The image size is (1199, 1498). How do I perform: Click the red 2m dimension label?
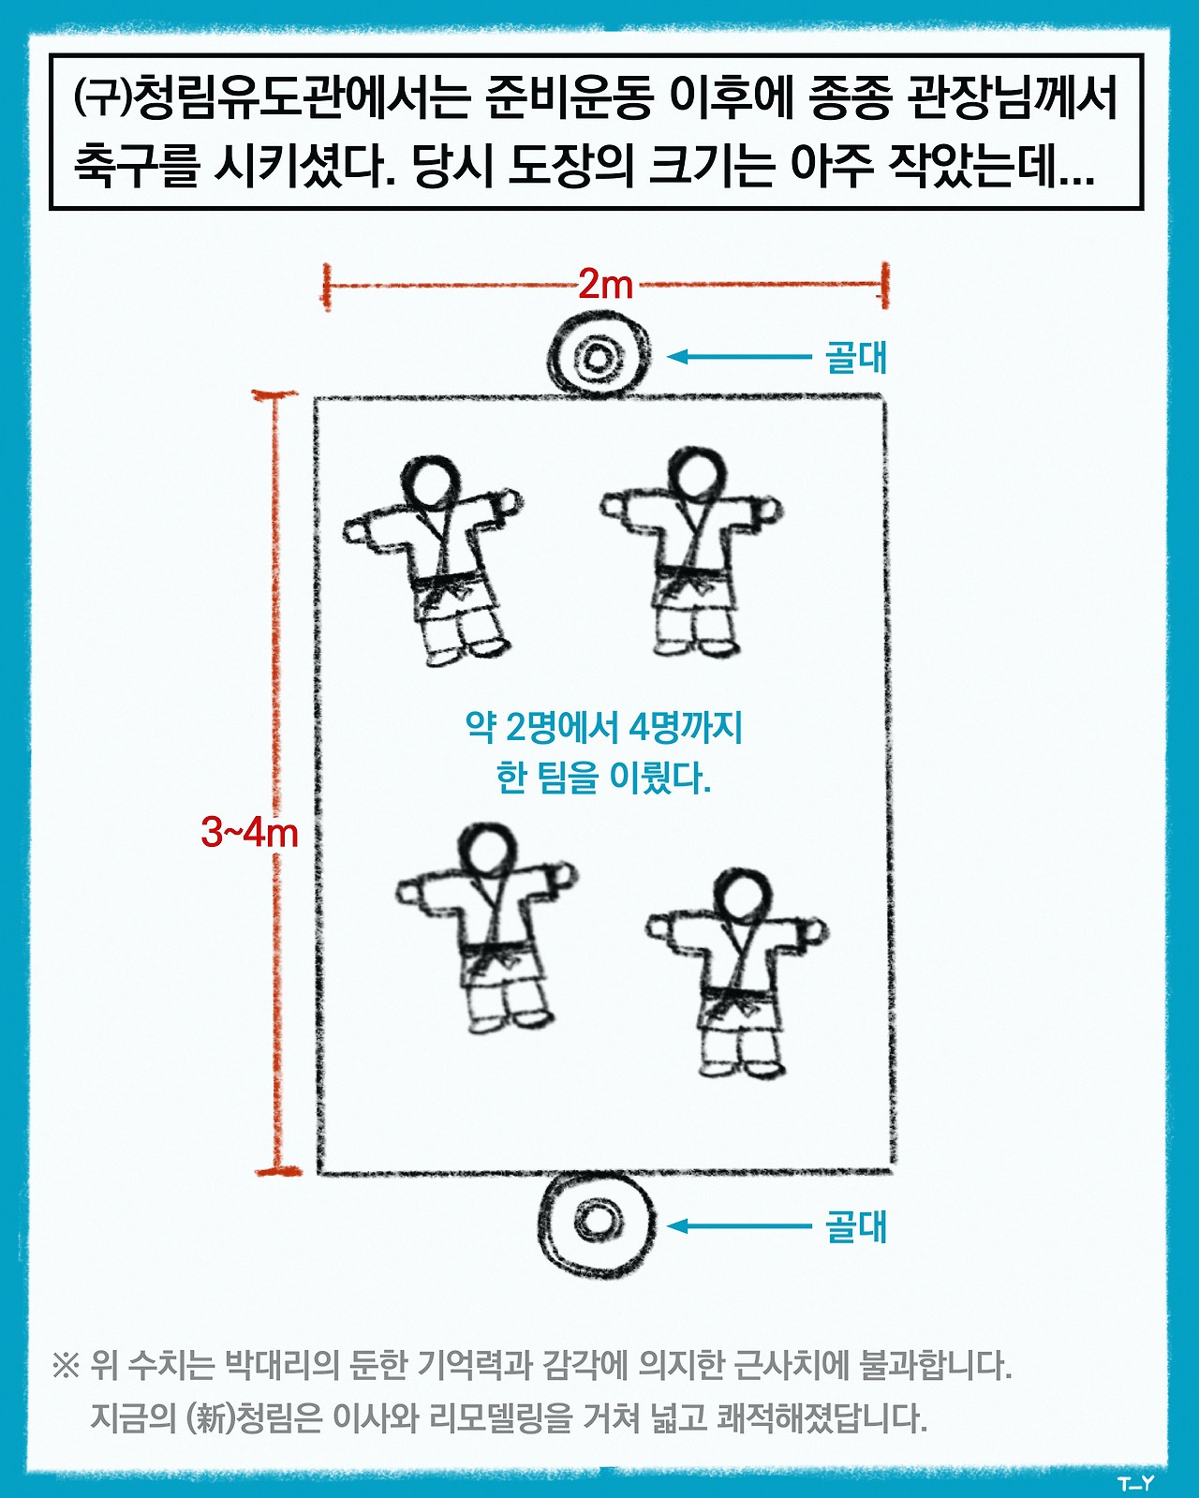coord(605,285)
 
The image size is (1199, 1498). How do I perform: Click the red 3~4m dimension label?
coord(249,833)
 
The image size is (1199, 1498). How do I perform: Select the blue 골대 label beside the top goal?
coord(856,358)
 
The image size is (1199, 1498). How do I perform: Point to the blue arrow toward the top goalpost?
coord(739,356)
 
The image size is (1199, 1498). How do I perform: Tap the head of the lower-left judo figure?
coord(488,853)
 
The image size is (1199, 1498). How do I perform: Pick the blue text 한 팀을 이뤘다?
coord(603,778)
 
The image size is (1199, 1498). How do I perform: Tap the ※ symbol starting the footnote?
coord(67,1367)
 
